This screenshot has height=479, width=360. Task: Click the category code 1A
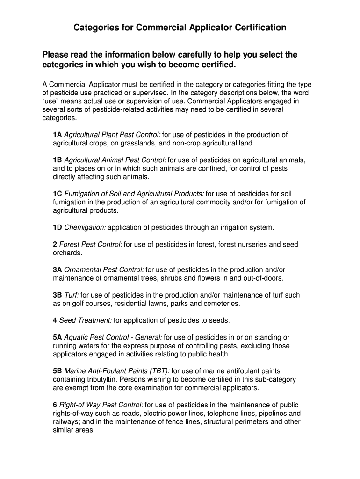coord(58,135)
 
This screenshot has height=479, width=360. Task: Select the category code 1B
coord(58,160)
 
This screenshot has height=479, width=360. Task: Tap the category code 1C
coord(58,194)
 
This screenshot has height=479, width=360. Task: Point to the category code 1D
coord(58,227)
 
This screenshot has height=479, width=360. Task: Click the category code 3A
coord(58,269)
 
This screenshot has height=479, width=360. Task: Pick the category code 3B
coord(58,295)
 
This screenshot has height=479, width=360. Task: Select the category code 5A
coord(58,337)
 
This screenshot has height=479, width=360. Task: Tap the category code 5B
coord(58,371)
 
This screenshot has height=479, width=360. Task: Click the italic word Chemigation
coord(85,227)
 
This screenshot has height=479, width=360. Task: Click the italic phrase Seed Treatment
coord(86,320)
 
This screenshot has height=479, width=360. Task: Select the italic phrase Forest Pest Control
coord(91,244)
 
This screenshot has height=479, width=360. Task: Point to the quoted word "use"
coord(50,101)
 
